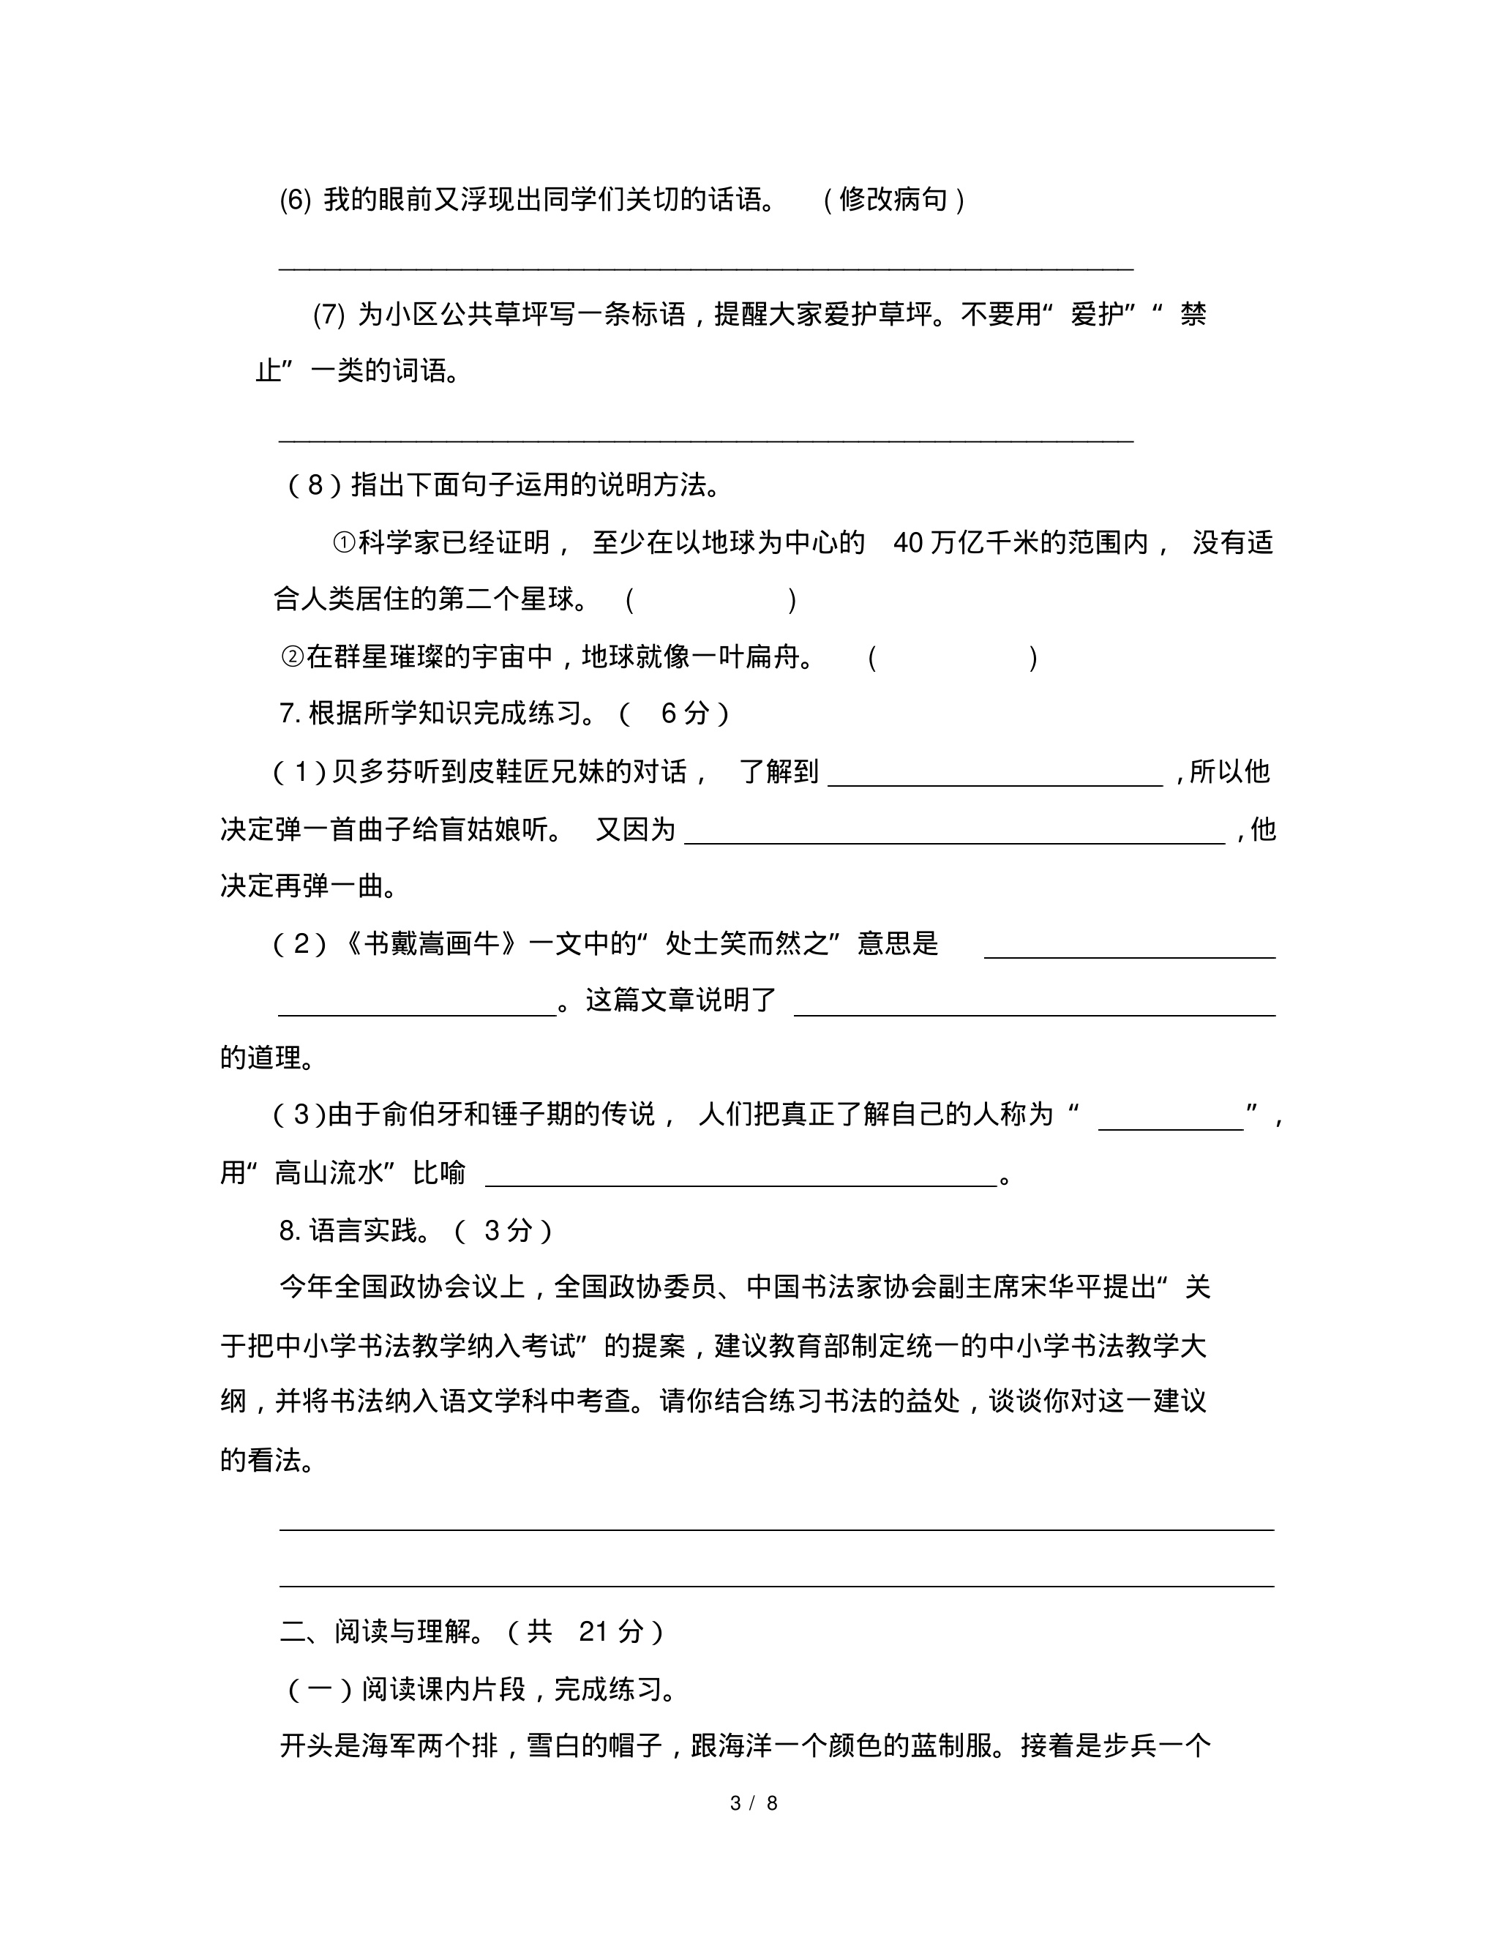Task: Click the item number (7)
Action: [x=329, y=315]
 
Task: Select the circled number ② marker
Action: [x=293, y=657]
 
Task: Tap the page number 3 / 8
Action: [x=754, y=1803]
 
